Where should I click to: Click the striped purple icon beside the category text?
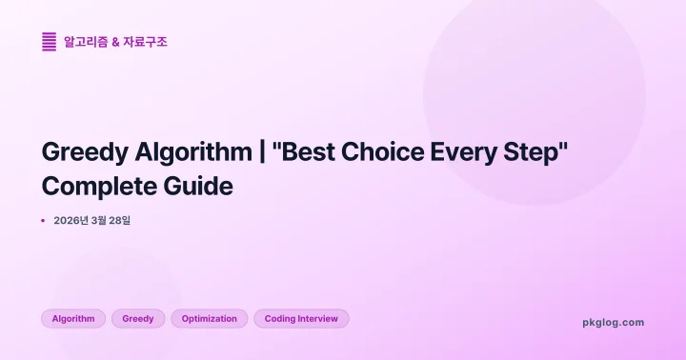coord(49,42)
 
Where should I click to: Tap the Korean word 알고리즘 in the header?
coord(84,42)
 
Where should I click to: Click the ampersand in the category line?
coord(115,42)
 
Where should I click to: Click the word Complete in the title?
coord(98,186)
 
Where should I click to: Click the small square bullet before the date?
coord(44,220)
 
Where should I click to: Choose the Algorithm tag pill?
coord(73,318)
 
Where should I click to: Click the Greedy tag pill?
coord(138,318)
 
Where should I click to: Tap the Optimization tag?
coord(210,318)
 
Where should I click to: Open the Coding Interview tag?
coord(301,318)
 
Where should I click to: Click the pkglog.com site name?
coord(613,322)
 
